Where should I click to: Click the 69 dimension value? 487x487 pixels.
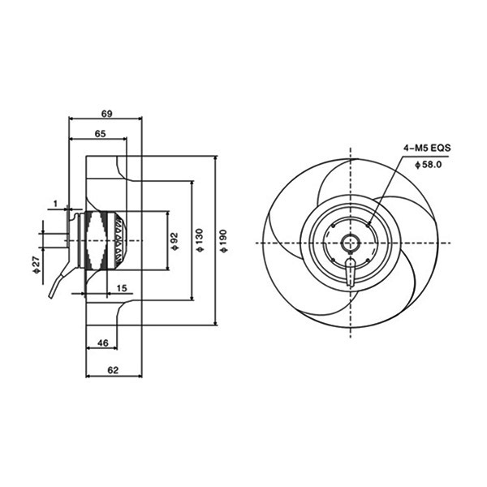point(106,114)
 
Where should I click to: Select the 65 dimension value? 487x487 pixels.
point(101,134)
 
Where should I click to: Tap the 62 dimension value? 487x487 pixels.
point(113,370)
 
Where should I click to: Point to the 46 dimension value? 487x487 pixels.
point(103,343)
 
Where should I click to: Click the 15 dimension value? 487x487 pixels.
point(122,288)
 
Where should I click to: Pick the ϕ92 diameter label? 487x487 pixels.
point(175,241)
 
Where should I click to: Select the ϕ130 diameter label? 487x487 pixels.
point(199,240)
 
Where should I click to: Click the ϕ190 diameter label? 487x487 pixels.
point(223,241)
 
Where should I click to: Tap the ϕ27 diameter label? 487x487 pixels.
point(37,265)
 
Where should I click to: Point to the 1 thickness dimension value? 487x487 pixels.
point(55,204)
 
